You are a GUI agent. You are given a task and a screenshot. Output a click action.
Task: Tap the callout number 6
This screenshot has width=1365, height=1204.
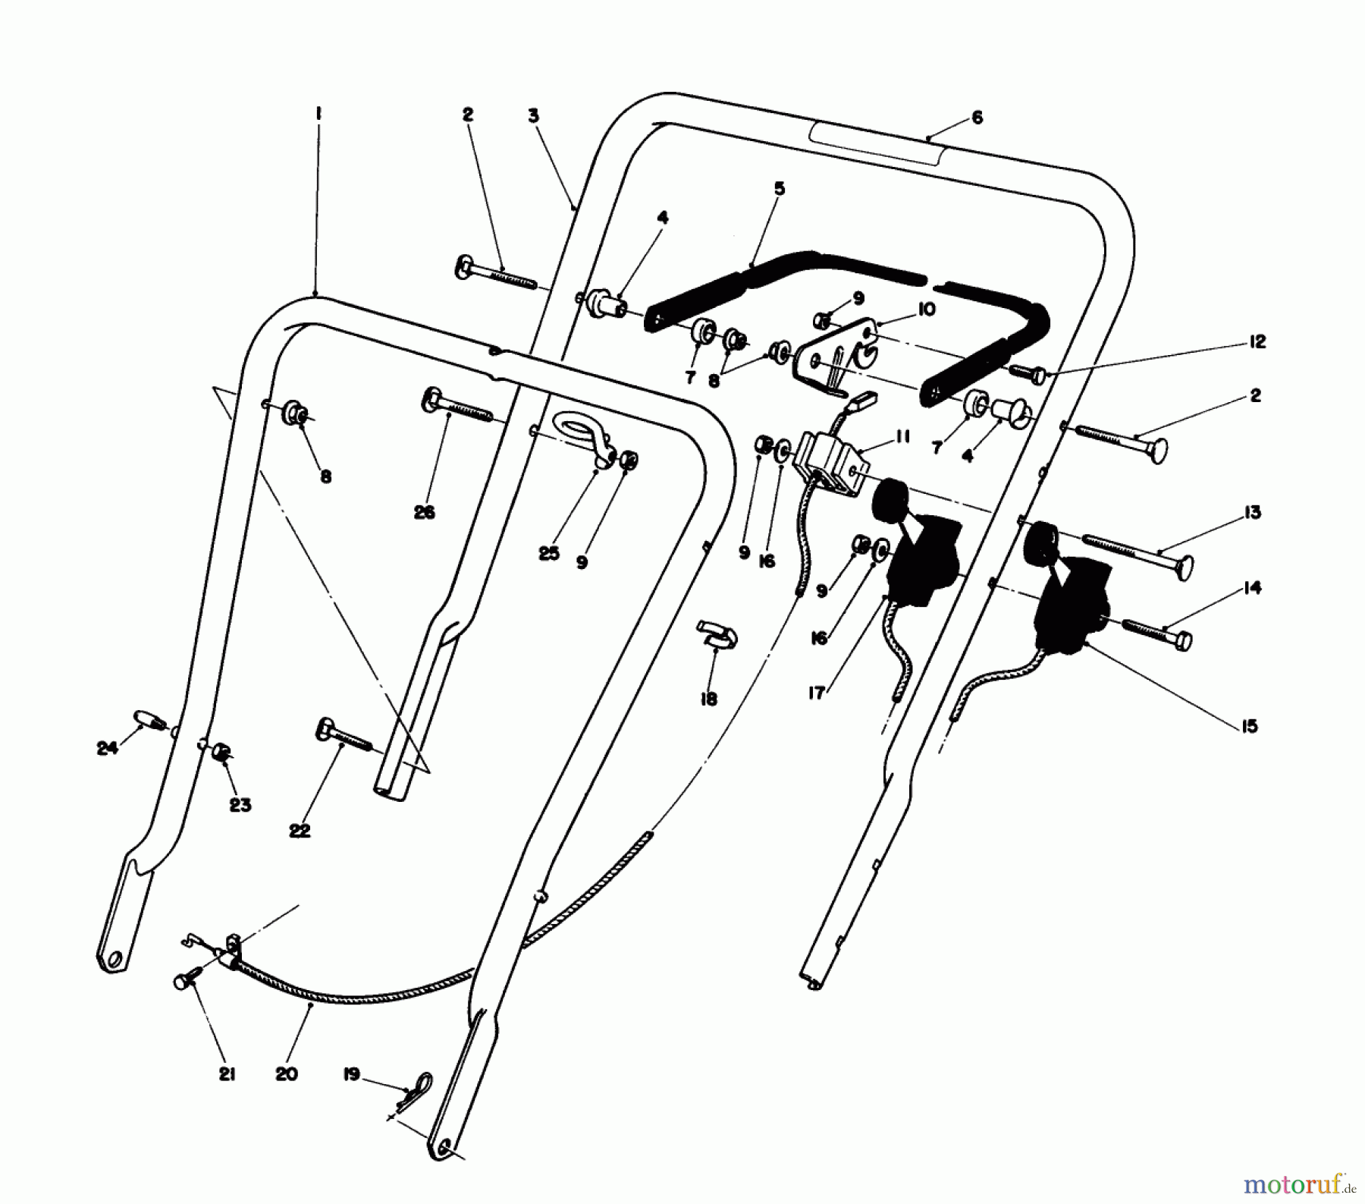click(x=977, y=118)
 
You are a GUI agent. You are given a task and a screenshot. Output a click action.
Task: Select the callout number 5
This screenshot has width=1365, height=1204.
click(x=780, y=188)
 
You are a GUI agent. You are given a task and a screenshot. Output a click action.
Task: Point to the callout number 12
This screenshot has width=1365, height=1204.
click(x=1257, y=342)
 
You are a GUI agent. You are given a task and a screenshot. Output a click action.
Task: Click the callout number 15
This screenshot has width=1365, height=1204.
click(x=1250, y=726)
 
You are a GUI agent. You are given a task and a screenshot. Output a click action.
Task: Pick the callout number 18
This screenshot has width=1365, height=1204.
click(x=708, y=699)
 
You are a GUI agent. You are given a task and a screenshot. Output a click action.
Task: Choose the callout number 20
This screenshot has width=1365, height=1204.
click(x=287, y=1074)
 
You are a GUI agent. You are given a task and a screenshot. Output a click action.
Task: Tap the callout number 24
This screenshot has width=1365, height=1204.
click(x=107, y=748)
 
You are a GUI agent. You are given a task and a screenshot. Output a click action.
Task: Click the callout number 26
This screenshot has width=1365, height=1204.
click(x=424, y=512)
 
